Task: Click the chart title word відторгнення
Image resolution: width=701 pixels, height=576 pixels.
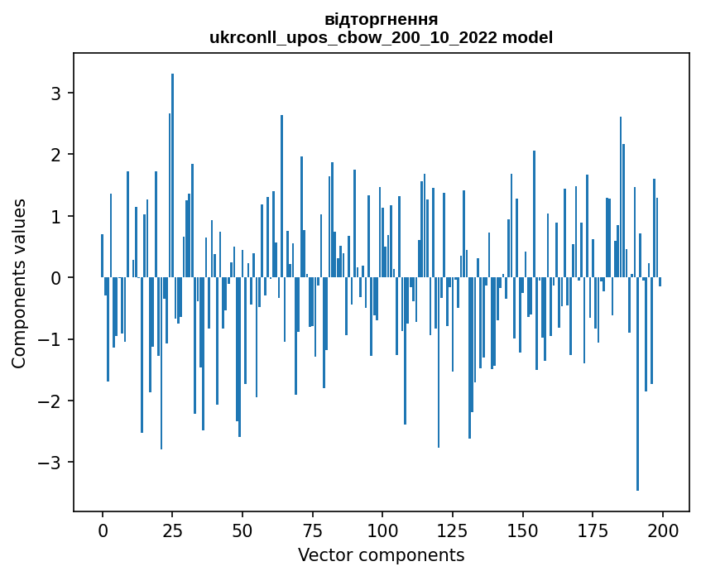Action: (381, 19)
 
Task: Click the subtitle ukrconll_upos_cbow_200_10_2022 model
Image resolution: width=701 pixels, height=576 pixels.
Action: (381, 37)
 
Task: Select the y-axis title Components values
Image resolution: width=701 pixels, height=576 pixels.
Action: (19, 283)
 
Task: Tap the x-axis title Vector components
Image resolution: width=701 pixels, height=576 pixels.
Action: (381, 554)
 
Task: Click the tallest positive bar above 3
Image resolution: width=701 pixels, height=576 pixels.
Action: (172, 166)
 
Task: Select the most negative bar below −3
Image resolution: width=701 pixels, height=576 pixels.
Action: (637, 389)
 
